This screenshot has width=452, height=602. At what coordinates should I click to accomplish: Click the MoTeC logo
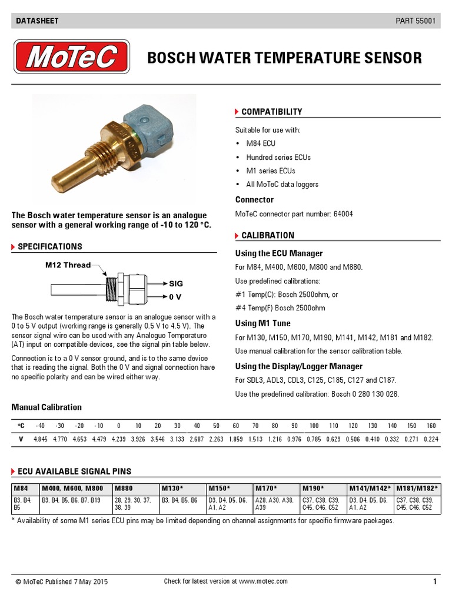pos(72,58)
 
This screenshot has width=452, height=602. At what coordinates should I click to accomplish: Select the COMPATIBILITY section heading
pos(271,112)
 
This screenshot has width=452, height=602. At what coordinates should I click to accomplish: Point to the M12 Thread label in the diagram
pos(68,265)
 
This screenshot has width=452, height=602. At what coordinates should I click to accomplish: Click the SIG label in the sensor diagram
pos(176,283)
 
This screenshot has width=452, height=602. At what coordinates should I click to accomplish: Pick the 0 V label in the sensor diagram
pos(175,297)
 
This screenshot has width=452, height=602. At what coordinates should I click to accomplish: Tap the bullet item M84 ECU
pos(261,143)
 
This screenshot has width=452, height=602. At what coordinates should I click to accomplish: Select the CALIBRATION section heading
pos(268,235)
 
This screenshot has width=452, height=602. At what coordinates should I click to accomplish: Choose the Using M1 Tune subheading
pos(262,323)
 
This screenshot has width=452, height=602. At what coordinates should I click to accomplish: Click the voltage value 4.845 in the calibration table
pos(40,439)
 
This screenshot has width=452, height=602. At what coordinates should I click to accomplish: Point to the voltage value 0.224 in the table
pos(431,439)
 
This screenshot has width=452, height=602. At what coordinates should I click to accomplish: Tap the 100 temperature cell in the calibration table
pos(314,425)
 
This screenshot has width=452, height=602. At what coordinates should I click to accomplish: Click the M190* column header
pos(314,488)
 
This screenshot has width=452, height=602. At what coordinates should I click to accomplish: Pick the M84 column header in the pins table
pos(20,488)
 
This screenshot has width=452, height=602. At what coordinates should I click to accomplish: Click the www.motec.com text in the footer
pos(263,581)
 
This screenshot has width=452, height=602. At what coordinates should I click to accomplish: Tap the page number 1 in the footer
pos(434,581)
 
